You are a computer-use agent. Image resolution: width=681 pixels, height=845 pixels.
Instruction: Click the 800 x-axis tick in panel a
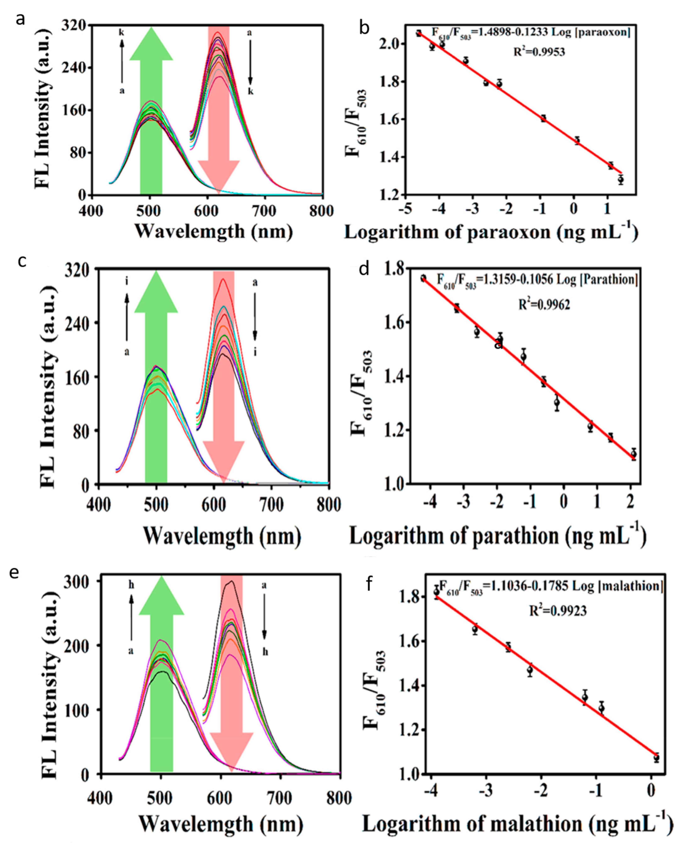click(x=322, y=211)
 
